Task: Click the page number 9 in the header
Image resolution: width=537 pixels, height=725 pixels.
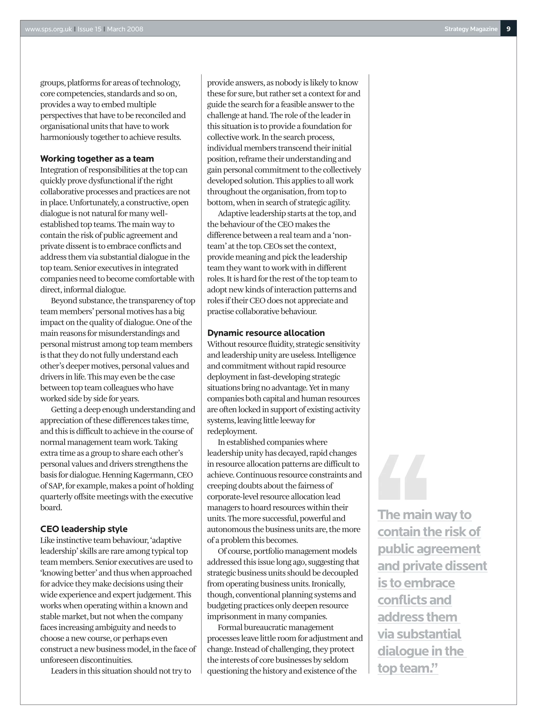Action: click(x=508, y=29)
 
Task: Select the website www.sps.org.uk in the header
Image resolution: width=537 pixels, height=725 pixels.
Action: click(x=49, y=29)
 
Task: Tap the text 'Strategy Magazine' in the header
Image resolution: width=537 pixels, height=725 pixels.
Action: click(x=471, y=29)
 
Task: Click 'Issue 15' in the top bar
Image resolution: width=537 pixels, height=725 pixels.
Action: click(x=89, y=29)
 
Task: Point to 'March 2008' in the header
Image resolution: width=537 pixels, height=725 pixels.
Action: click(x=125, y=29)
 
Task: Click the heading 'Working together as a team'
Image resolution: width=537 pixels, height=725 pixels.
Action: click(x=97, y=159)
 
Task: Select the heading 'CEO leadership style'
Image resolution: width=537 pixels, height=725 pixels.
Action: click(x=84, y=529)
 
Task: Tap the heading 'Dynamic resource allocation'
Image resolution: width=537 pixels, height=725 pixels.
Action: click(x=266, y=333)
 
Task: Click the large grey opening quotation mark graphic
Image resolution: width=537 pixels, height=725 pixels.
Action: click(x=402, y=477)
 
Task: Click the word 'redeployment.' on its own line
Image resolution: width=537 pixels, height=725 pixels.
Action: click(x=232, y=431)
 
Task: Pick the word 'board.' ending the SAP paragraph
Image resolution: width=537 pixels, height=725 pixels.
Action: click(x=51, y=508)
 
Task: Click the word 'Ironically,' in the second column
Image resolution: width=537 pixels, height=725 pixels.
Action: click(x=328, y=584)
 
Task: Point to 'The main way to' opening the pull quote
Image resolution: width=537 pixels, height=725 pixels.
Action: click(x=424, y=515)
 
